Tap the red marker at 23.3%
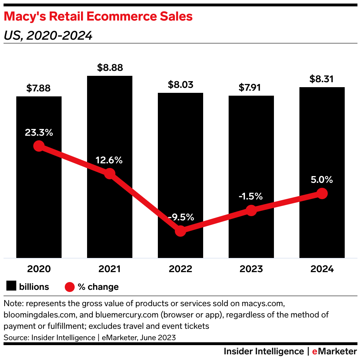pos(39,146)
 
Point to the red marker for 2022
pos(180,231)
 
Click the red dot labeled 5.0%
pos(322,193)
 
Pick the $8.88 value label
pos(110,68)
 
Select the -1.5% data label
pos(251,196)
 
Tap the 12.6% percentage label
pos(109,160)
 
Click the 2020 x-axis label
pos(39,269)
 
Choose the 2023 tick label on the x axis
pos(251,269)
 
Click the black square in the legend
pos(12,287)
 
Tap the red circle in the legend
pos(70,287)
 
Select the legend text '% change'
pos(98,287)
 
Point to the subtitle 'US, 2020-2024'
pos(48,36)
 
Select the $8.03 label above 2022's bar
pos(180,85)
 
